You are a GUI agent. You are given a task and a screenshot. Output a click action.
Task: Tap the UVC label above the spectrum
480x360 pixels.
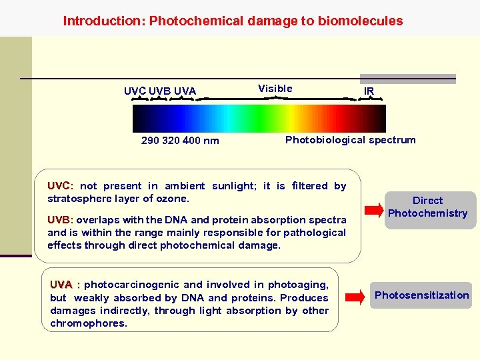pyautogui.click(x=135, y=91)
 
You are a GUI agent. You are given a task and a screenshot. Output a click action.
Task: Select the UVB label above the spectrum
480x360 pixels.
pyautogui.click(x=160, y=91)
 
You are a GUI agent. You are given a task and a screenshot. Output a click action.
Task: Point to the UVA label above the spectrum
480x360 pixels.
pyautogui.click(x=185, y=91)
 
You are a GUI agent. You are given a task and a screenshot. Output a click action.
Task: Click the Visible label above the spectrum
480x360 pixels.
pyautogui.click(x=275, y=89)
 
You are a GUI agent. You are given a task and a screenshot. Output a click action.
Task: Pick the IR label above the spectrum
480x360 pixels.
pyautogui.click(x=369, y=91)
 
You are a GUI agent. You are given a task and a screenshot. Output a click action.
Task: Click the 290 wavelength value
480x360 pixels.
pyautogui.click(x=150, y=141)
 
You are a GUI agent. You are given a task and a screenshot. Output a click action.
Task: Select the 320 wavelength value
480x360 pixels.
pyautogui.click(x=171, y=141)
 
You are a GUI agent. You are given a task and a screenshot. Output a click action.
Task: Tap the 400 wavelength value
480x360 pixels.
pyautogui.click(x=192, y=141)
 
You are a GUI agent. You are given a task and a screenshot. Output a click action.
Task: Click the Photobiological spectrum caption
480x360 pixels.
pyautogui.click(x=350, y=140)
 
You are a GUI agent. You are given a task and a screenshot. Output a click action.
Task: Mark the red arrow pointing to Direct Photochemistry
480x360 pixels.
pyautogui.click(x=371, y=206)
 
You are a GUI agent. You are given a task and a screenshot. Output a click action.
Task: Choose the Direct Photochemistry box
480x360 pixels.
pyautogui.click(x=428, y=207)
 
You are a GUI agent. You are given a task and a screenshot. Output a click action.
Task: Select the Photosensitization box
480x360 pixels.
pyautogui.click(x=421, y=295)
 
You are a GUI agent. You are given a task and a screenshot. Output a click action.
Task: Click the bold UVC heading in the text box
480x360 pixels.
pyautogui.click(x=59, y=186)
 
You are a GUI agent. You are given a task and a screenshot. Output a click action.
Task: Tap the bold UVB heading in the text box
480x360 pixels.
pyautogui.click(x=59, y=220)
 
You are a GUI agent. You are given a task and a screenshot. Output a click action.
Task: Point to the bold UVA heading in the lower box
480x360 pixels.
pyautogui.click(x=61, y=285)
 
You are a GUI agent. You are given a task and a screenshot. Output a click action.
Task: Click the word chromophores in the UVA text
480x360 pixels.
pyautogui.click(x=87, y=323)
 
